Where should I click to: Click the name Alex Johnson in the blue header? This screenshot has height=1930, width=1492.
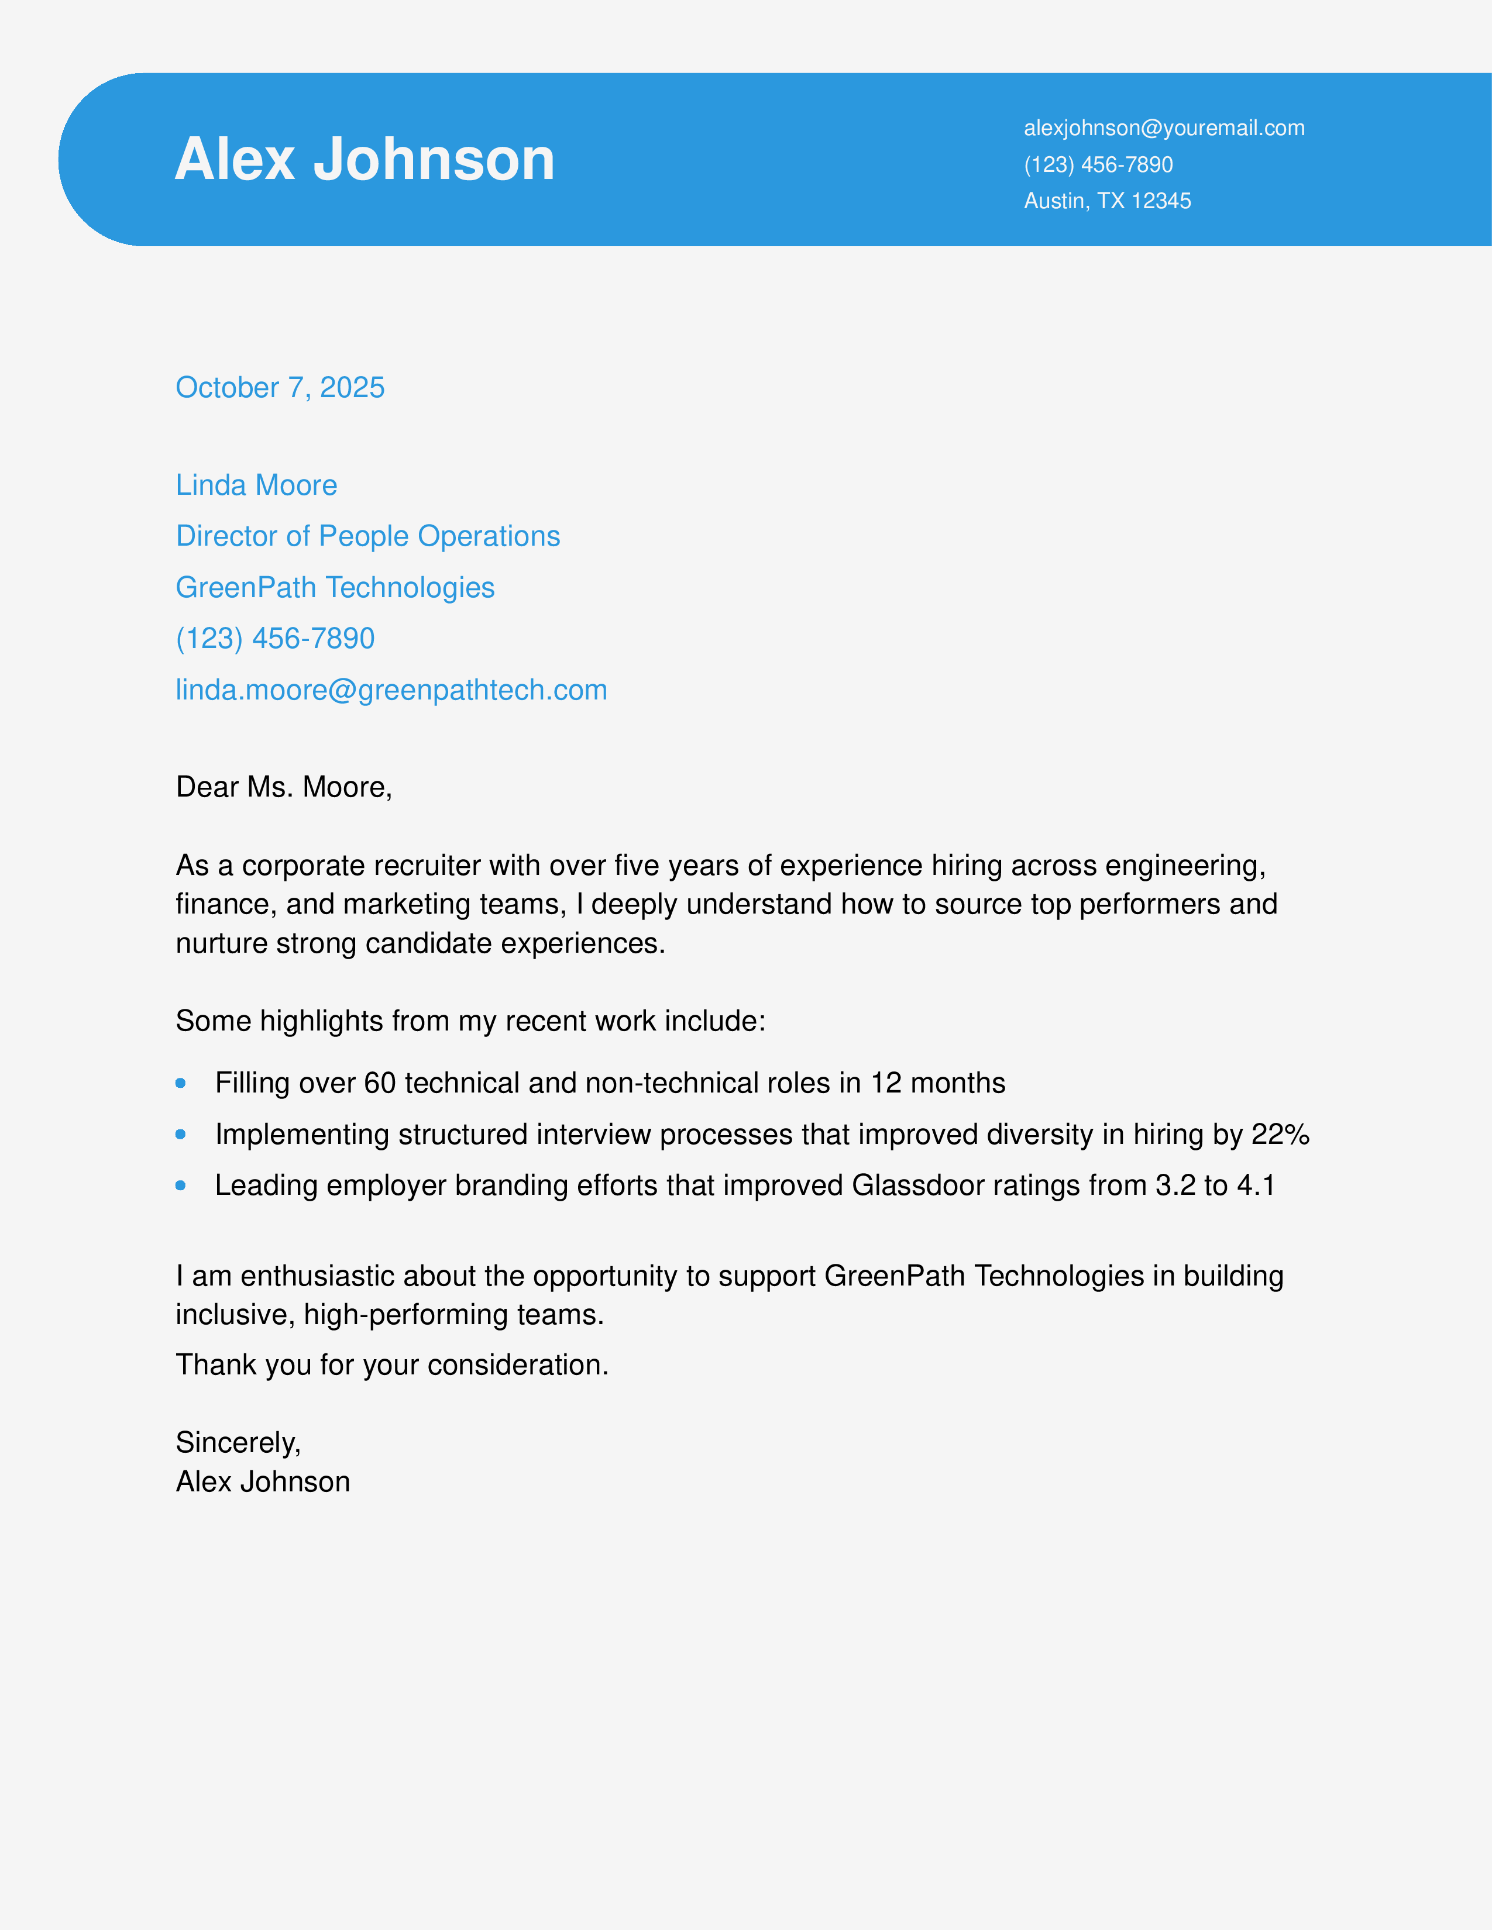pos(364,159)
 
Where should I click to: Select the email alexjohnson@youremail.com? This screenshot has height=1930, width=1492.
pos(1163,128)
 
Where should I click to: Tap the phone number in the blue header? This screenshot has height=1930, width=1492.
pos(1098,164)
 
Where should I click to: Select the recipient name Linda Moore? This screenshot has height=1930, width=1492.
pos(256,485)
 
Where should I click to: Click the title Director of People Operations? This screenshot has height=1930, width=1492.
pos(367,536)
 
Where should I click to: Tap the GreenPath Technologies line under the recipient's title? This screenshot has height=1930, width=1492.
pos(335,588)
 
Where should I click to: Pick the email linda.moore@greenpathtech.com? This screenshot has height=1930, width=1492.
pos(391,690)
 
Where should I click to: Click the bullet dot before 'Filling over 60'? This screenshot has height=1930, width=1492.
pos(180,1083)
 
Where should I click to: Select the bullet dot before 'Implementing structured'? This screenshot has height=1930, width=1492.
pos(180,1135)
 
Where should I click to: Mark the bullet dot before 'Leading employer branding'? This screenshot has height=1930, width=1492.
pos(180,1186)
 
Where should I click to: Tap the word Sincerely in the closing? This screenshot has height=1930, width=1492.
pos(237,1443)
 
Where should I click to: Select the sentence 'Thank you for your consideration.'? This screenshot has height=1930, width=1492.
pos(391,1365)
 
